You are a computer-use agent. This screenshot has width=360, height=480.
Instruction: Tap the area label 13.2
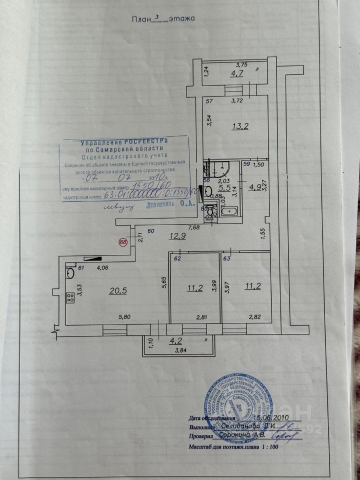(x=239, y=126)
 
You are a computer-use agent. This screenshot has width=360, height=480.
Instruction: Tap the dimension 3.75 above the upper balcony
(x=242, y=64)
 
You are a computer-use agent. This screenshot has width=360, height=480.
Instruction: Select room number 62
(x=177, y=259)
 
